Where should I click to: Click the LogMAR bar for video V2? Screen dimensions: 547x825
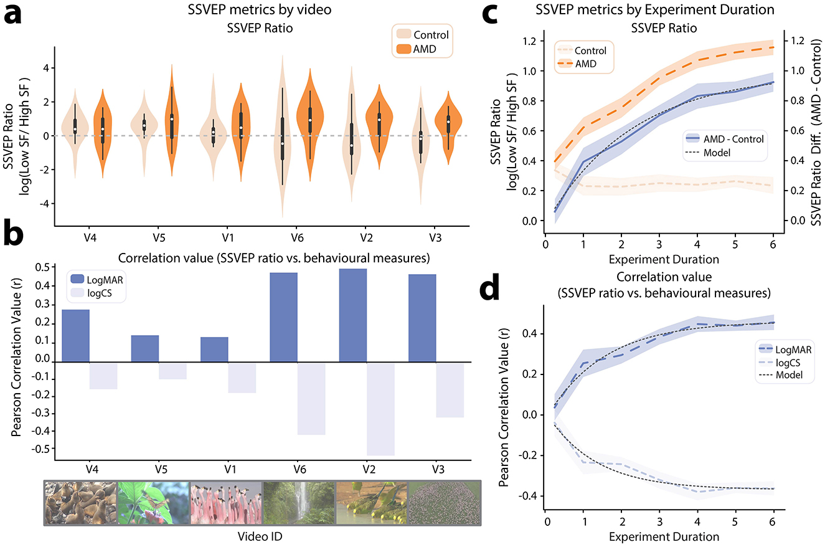pyautogui.click(x=352, y=315)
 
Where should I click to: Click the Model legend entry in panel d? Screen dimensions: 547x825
pyautogui.click(x=783, y=374)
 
